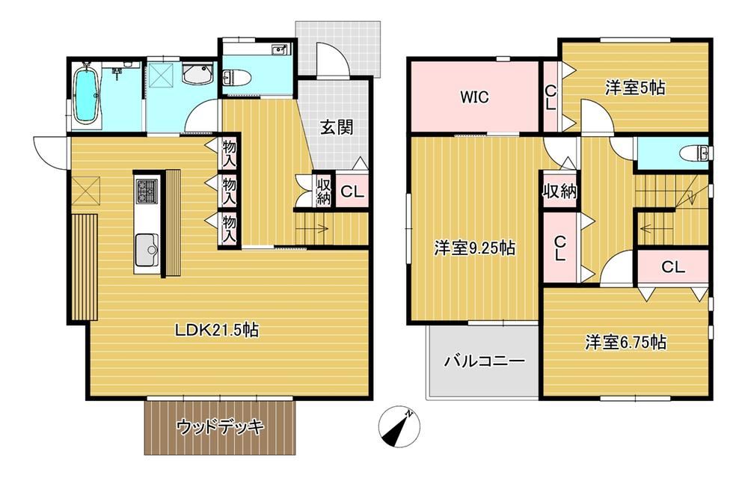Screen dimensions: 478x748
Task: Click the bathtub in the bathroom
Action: pyautogui.click(x=87, y=94)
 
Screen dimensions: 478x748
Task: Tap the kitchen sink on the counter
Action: pyautogui.click(x=147, y=245)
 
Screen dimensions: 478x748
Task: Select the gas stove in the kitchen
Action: pyautogui.click(x=146, y=191)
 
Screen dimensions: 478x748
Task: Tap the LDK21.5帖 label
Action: pyautogui.click(x=217, y=329)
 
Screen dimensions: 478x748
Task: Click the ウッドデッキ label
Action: pyautogui.click(x=221, y=427)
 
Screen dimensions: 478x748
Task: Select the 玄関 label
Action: pyautogui.click(x=337, y=127)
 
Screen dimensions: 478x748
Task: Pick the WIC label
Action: pyautogui.click(x=473, y=96)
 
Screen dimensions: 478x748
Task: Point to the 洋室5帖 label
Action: pyautogui.click(x=635, y=88)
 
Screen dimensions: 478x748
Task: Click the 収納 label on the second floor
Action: pyautogui.click(x=560, y=190)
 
